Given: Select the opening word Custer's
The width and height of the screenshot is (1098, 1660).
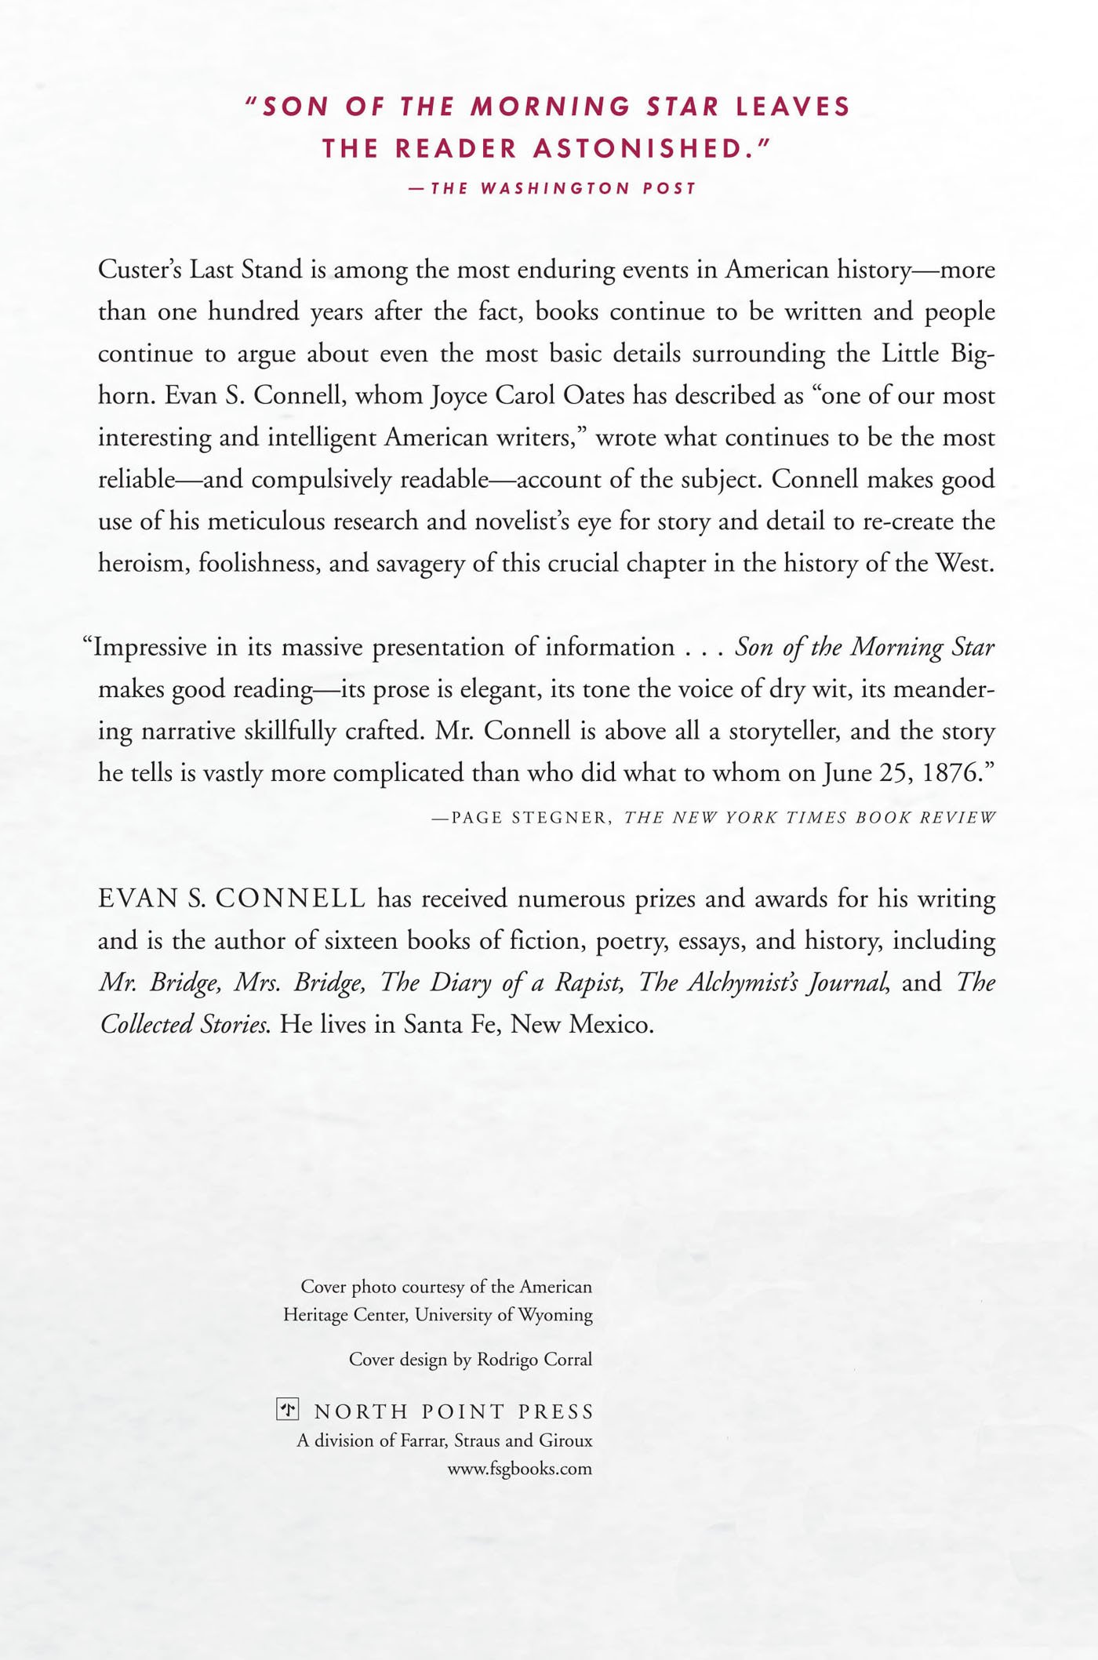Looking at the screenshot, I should [140, 271].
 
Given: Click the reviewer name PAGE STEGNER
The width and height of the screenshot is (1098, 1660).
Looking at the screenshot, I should [530, 818].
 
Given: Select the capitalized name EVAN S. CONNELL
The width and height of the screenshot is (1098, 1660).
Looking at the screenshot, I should [232, 899].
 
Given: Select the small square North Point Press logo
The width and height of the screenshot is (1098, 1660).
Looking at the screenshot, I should [288, 1411].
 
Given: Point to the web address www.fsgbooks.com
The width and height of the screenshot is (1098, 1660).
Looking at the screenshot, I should [519, 1469].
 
